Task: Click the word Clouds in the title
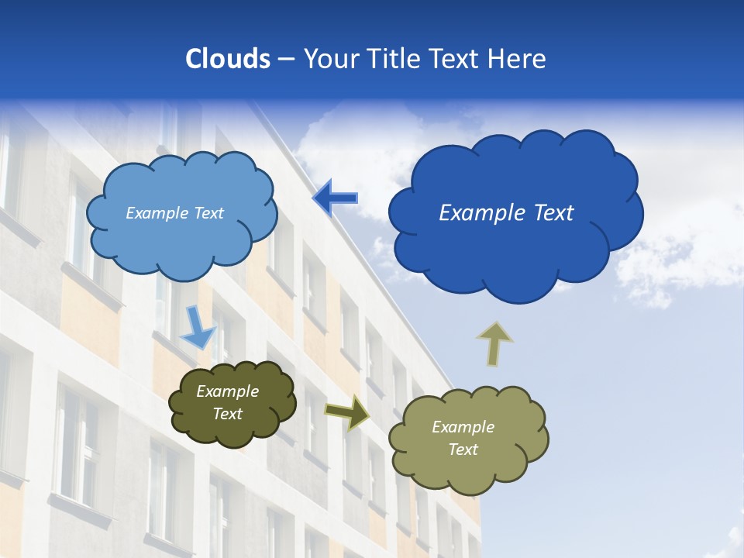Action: point(228,59)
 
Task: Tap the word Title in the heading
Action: point(392,59)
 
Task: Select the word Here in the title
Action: point(517,59)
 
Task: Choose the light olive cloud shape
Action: point(468,473)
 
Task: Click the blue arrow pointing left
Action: point(335,198)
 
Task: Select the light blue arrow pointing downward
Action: point(198,328)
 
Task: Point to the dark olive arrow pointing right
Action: point(347,412)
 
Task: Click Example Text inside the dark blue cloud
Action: point(506,213)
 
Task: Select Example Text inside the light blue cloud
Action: point(174,213)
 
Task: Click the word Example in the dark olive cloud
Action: point(227,391)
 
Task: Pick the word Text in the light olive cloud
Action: point(463,449)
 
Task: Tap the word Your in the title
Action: point(328,59)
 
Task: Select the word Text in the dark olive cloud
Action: point(227,414)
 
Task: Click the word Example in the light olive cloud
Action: point(463,427)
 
